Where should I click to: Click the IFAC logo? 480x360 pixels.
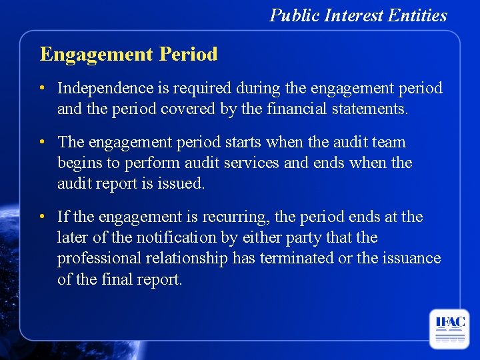click(449, 329)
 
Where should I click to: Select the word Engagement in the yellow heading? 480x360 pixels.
click(97, 54)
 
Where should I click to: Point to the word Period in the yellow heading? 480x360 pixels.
click(189, 54)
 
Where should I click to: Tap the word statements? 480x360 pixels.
click(375, 109)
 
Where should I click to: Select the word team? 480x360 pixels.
click(387, 142)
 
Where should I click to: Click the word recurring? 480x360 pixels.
click(239, 217)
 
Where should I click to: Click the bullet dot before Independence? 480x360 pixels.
click(42, 88)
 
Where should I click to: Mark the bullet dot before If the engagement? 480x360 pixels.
click(42, 217)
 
